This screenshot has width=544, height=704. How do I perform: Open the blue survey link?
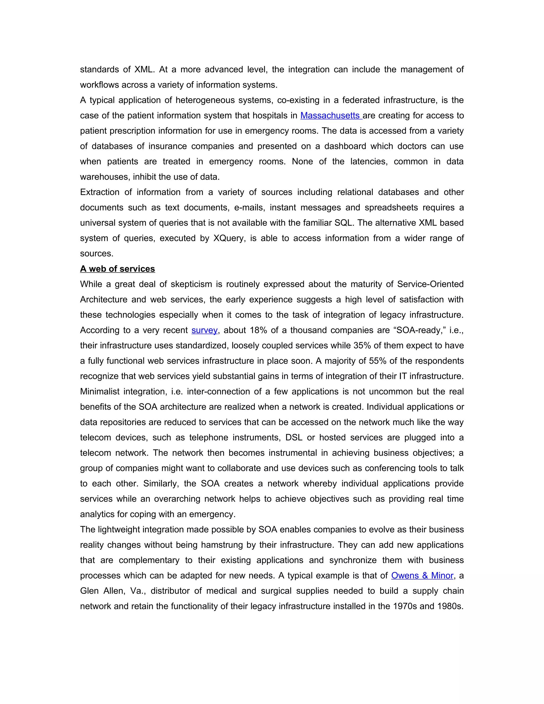[x=204, y=330]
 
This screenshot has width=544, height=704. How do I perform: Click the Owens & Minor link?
[x=422, y=575]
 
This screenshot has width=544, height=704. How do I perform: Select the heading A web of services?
[x=117, y=269]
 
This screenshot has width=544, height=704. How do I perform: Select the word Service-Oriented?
[x=430, y=284]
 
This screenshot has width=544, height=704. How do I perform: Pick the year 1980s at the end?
[x=450, y=606]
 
